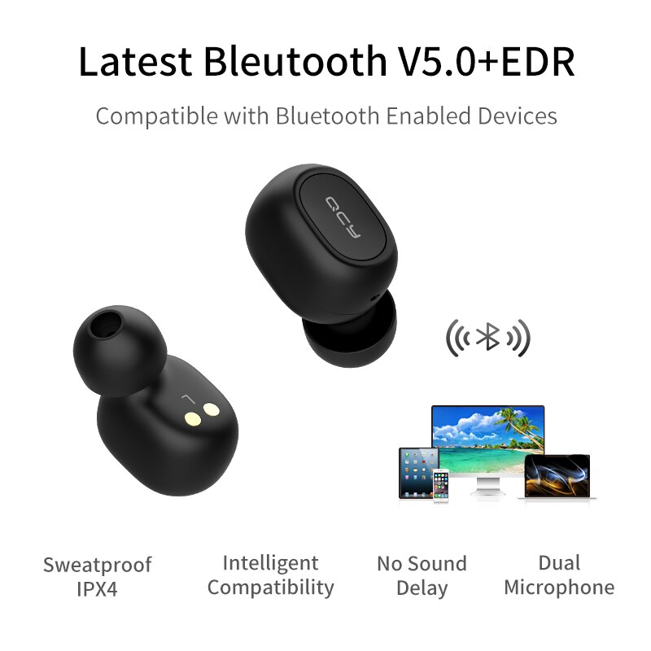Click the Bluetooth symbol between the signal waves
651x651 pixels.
pyautogui.click(x=488, y=336)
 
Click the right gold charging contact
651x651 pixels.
pyautogui.click(x=213, y=410)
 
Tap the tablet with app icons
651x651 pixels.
pyautogui.click(x=418, y=472)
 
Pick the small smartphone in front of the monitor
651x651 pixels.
pyautogui.click(x=440, y=485)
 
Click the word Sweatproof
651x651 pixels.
pyautogui.click(x=98, y=565)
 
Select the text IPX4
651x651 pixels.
pyautogui.click(x=98, y=589)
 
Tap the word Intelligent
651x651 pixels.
pyautogui.click(x=270, y=562)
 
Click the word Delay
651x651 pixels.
pyautogui.click(x=422, y=588)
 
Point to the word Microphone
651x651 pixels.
pyautogui.click(x=559, y=587)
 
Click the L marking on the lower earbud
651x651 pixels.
pyautogui.click(x=187, y=398)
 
